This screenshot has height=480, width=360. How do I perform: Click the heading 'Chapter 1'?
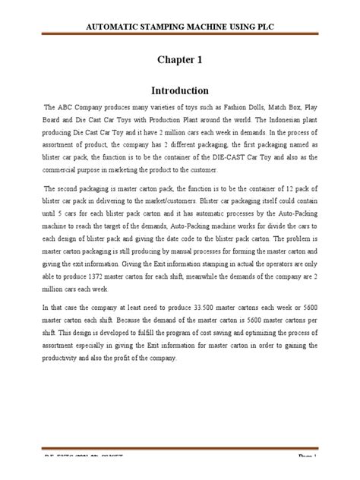tap(179, 58)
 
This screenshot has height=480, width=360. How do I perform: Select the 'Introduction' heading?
tap(179, 89)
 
